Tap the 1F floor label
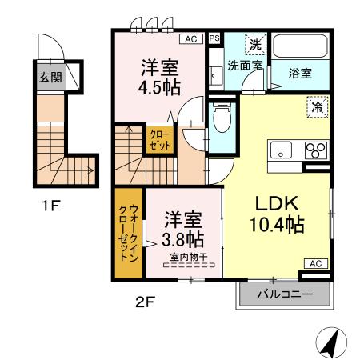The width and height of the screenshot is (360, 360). click(x=50, y=205)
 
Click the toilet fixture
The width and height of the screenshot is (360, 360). click(x=222, y=120)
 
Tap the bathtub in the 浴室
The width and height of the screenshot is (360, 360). click(x=300, y=48)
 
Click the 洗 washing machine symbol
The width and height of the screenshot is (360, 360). click(x=254, y=45)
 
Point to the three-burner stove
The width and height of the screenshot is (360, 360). click(x=314, y=150)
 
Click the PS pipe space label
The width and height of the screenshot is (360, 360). click(x=214, y=38)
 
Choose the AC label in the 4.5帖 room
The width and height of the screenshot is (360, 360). click(x=191, y=38)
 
